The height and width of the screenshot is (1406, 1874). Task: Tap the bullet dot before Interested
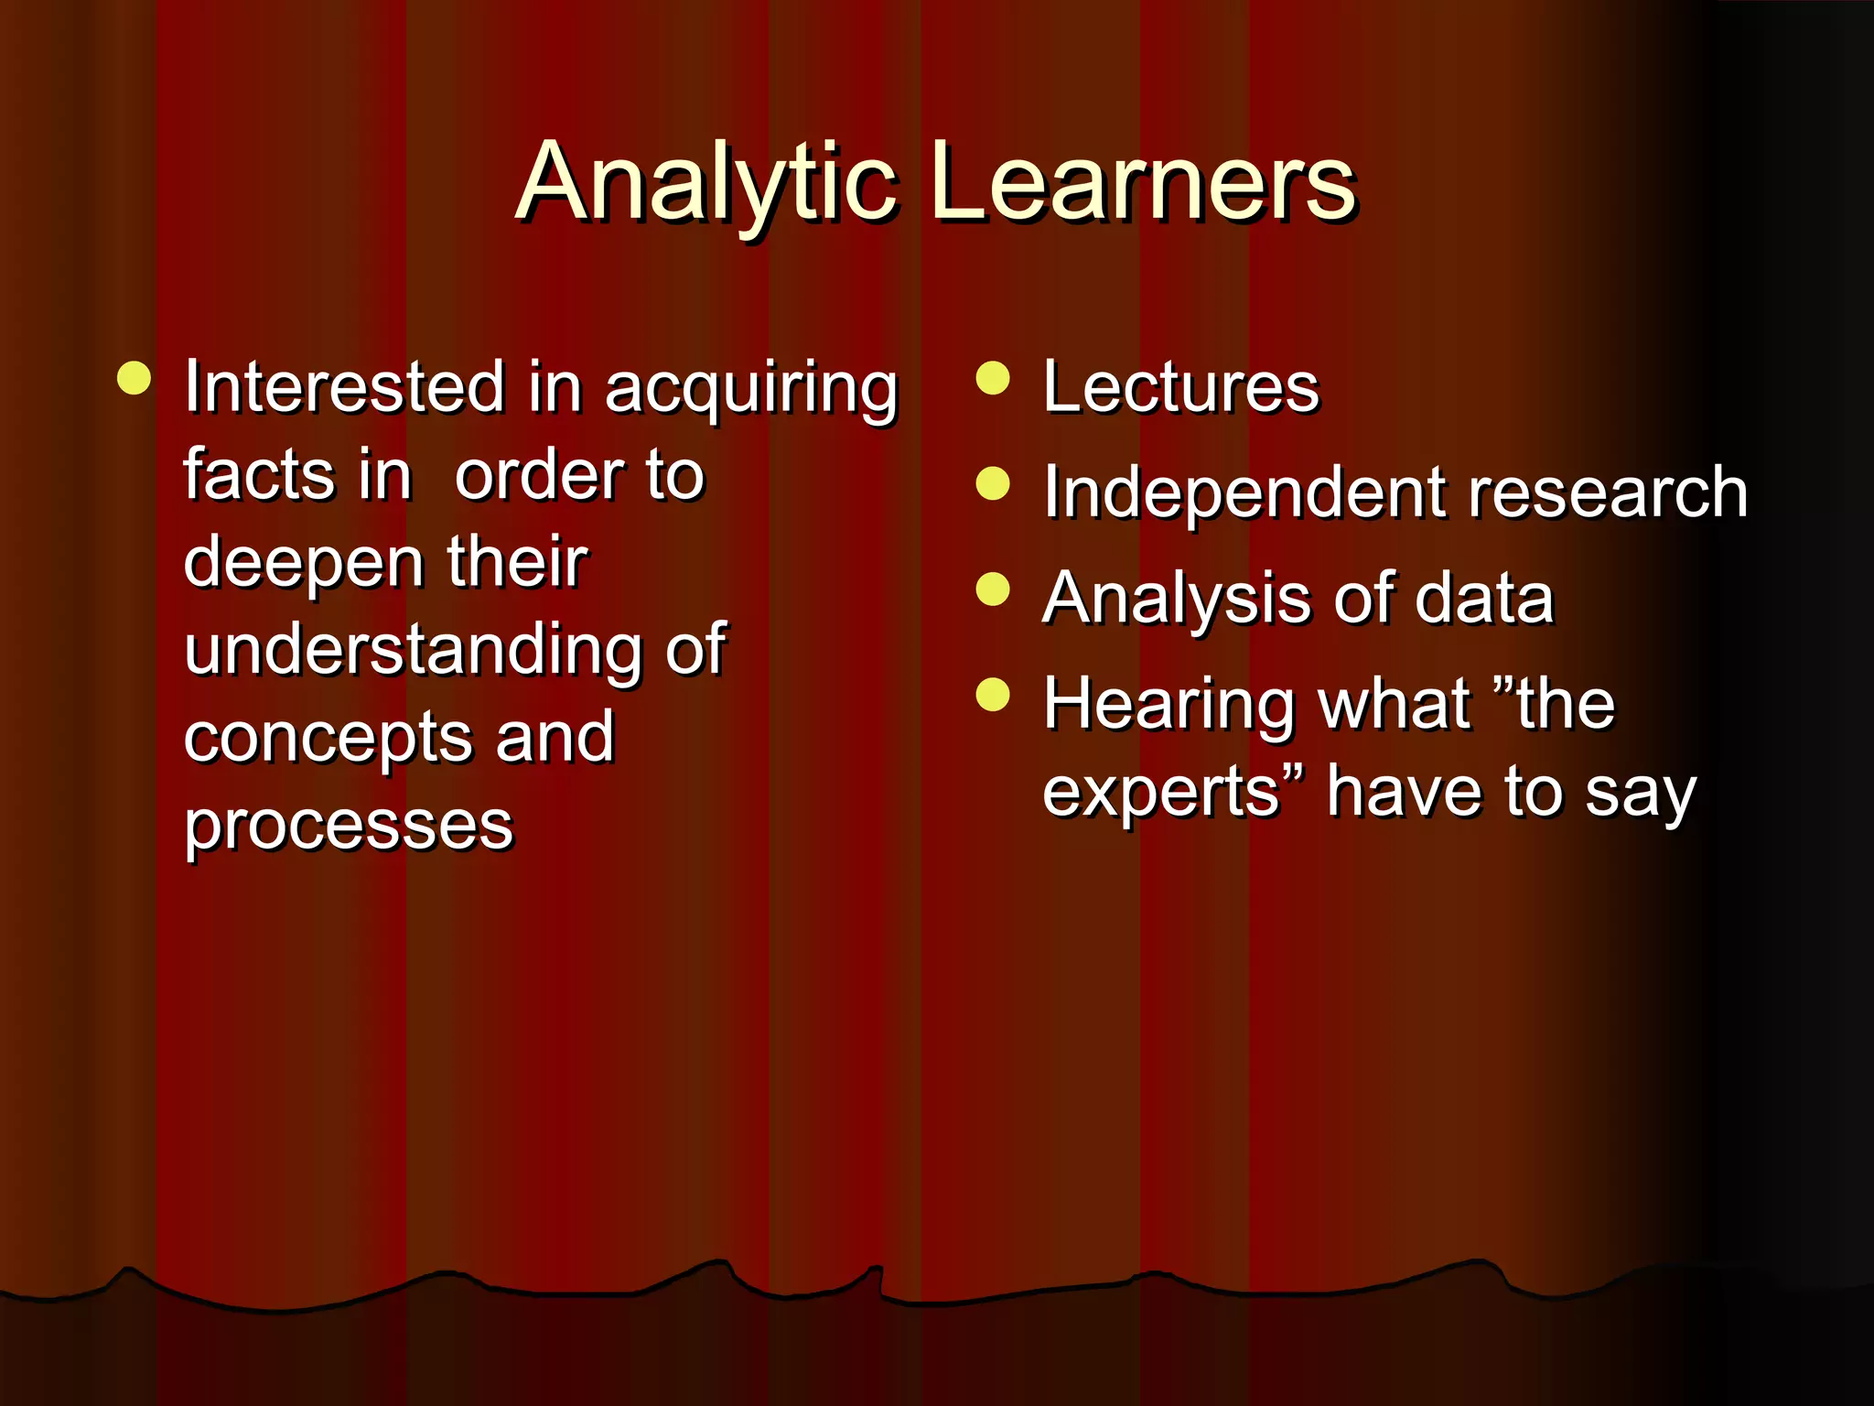coord(135,378)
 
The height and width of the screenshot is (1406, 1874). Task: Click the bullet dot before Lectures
coord(993,378)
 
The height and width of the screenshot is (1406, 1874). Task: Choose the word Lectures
coord(1180,387)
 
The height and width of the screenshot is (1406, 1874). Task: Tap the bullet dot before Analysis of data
coord(993,589)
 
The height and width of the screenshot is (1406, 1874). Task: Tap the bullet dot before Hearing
coord(993,695)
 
